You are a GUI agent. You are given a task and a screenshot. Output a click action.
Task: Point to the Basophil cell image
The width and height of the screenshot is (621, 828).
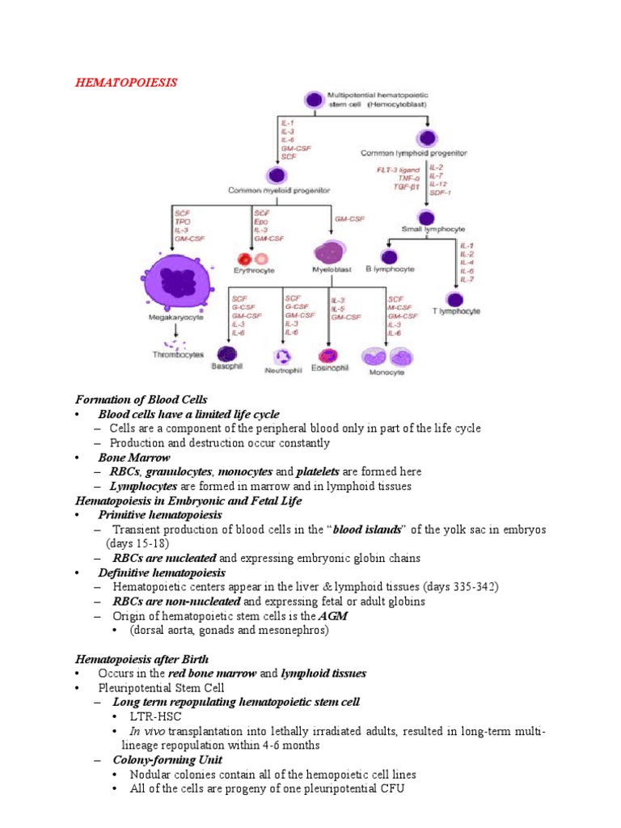pyautogui.click(x=226, y=353)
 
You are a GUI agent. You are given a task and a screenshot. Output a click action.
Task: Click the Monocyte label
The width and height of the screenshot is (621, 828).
pyautogui.click(x=387, y=372)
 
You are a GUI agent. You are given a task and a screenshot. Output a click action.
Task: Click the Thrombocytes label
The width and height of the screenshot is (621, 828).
pyautogui.click(x=178, y=355)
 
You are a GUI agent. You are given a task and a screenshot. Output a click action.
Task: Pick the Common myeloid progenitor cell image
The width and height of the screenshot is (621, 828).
pyautogui.click(x=277, y=175)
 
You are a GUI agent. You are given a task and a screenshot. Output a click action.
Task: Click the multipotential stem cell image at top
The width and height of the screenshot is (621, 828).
pyautogui.click(x=313, y=99)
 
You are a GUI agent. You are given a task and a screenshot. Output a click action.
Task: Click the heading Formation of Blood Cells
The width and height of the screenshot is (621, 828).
pyautogui.click(x=141, y=399)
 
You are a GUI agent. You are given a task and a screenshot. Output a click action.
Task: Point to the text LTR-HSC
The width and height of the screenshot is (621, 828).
pyautogui.click(x=155, y=716)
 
